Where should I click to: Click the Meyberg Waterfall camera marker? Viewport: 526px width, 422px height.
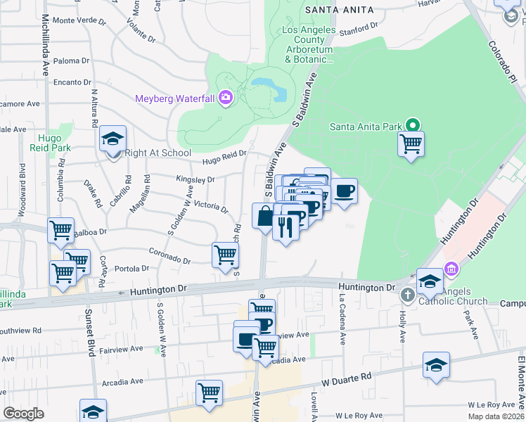pyautogui.click(x=226, y=98)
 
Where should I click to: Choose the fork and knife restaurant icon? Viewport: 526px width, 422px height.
pyautogui.click(x=286, y=226)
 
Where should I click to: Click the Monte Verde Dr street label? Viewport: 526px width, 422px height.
pyautogui.click(x=79, y=20)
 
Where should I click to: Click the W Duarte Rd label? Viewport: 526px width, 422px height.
pyautogui.click(x=346, y=380)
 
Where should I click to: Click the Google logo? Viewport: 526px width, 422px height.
pyautogui.click(x=23, y=414)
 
